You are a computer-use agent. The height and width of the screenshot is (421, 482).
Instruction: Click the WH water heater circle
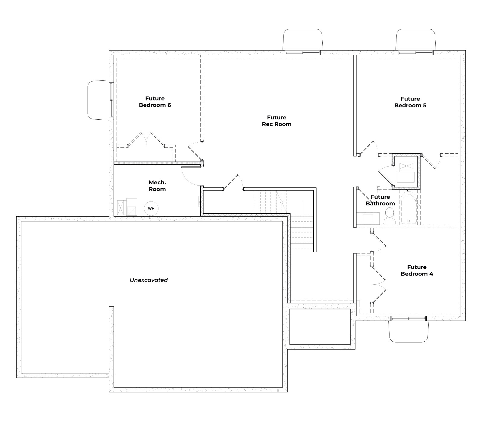click(151, 208)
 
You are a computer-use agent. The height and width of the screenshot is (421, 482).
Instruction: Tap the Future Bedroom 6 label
click(155, 102)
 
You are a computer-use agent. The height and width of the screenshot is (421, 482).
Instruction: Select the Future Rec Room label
click(277, 121)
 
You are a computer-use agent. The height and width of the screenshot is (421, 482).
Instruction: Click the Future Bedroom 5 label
click(410, 102)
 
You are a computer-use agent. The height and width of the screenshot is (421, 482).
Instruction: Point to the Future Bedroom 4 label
click(417, 270)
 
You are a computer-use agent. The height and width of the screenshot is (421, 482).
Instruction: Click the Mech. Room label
click(157, 186)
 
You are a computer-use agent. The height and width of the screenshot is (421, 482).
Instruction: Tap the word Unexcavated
click(149, 280)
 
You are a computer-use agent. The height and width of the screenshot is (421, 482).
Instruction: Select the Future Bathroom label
click(380, 200)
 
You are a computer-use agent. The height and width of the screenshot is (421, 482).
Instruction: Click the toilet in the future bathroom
click(390, 216)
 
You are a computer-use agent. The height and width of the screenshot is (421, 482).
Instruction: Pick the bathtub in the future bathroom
click(408, 209)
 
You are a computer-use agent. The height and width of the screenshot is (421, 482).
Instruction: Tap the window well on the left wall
click(98, 100)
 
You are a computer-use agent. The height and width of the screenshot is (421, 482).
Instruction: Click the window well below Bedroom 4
click(408, 331)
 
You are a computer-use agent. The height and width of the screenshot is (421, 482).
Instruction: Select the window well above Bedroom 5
click(416, 40)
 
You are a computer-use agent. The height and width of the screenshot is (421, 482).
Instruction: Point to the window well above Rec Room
click(303, 40)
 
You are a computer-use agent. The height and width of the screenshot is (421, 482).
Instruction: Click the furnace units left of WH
click(127, 207)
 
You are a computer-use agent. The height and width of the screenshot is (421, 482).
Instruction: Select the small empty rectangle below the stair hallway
click(320, 327)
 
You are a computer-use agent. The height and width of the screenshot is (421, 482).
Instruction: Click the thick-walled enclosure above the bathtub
click(406, 171)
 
